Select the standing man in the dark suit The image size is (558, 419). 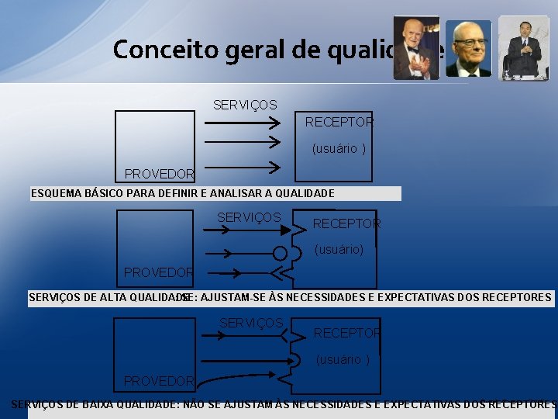(x=524, y=48)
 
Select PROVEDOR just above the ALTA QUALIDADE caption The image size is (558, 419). (x=159, y=272)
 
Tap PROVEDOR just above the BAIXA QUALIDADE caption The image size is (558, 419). (x=159, y=381)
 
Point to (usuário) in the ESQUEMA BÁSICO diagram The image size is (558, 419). (x=339, y=149)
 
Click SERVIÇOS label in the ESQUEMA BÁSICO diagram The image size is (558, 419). (x=245, y=104)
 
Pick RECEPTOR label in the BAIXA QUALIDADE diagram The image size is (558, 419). (x=346, y=333)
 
